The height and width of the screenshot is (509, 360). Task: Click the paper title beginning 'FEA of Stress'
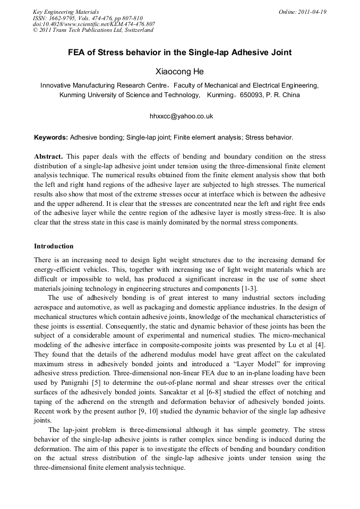(179, 53)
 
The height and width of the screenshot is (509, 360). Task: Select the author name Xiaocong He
(179, 71)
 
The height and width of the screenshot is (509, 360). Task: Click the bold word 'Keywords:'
(51, 137)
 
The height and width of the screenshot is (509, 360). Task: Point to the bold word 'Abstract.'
(49, 157)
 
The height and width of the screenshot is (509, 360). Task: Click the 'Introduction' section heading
(54, 246)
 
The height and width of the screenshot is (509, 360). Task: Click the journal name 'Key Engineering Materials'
(65, 12)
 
